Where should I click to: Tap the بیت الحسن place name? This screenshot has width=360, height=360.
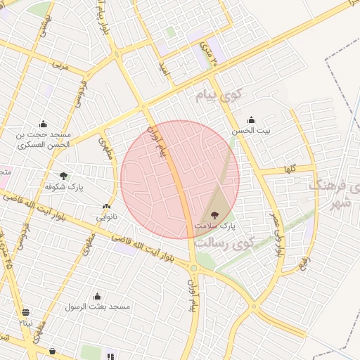click(x=252, y=131)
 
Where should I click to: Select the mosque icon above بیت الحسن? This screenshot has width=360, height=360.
click(x=252, y=120)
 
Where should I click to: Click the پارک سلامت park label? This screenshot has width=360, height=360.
click(x=219, y=226)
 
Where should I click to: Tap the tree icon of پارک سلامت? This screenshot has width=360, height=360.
click(x=214, y=215)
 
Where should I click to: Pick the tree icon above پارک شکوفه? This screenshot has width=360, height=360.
click(x=64, y=175)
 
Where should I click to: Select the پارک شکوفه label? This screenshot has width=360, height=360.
click(x=65, y=186)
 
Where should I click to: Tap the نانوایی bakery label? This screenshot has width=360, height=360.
click(x=107, y=217)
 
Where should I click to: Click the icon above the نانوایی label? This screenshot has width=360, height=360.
click(x=106, y=207)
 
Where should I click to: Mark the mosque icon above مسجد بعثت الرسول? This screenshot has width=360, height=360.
click(x=97, y=296)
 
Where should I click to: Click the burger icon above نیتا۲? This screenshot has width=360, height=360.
click(x=26, y=312)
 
